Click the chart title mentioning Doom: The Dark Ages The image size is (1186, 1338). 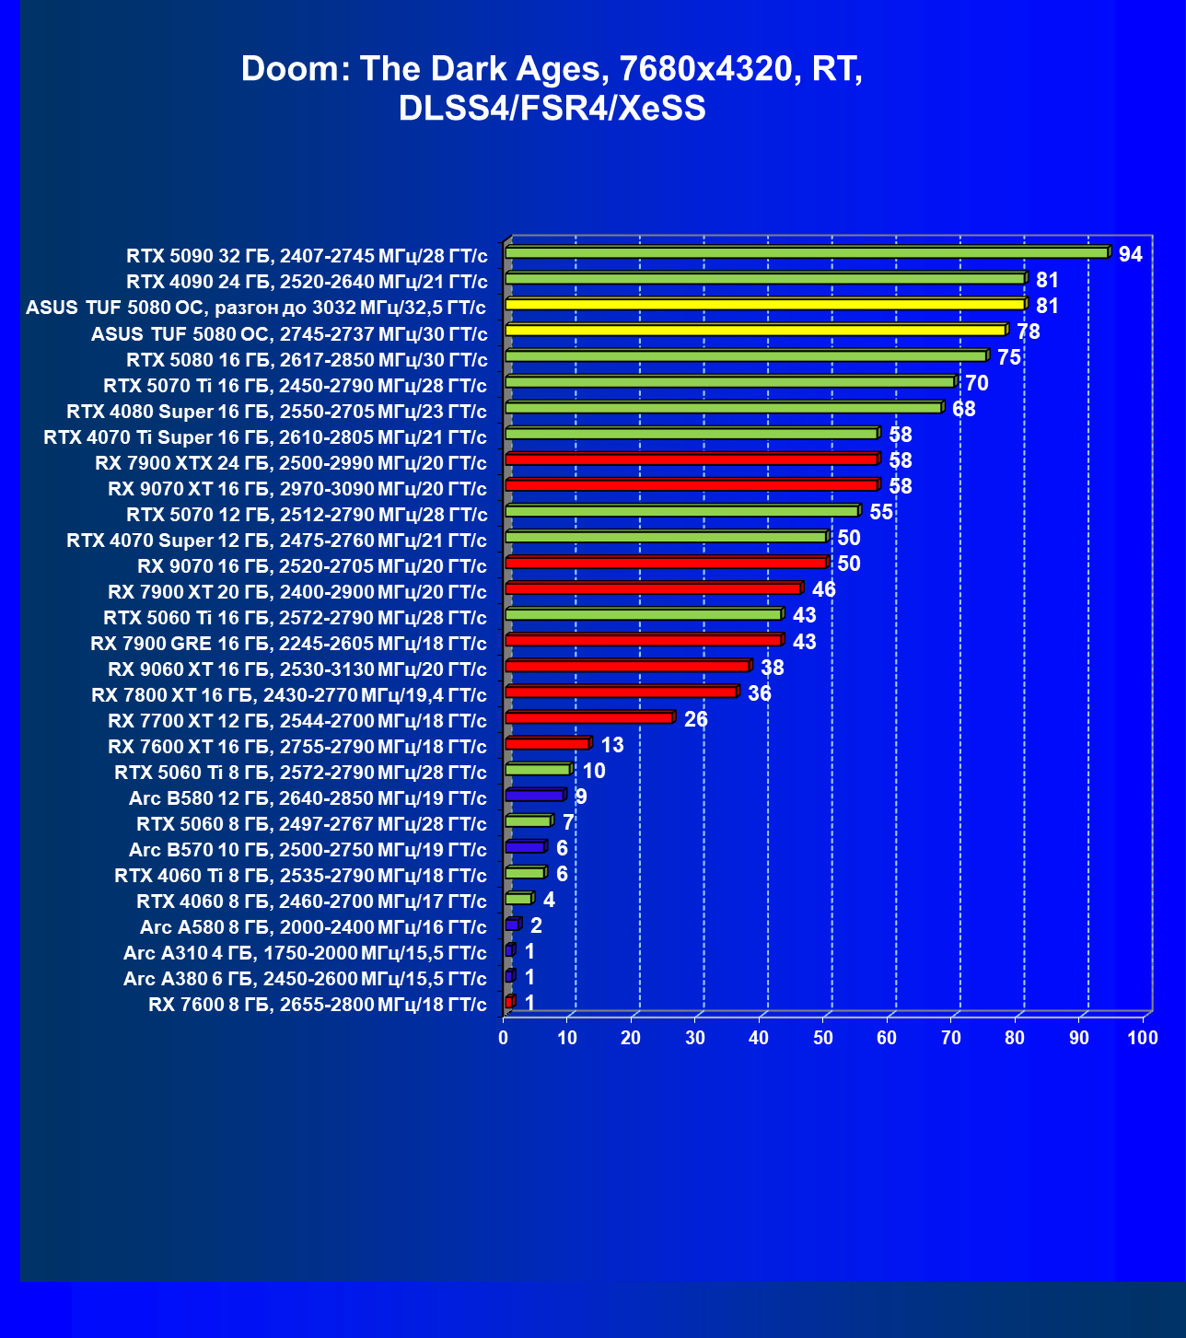click(552, 88)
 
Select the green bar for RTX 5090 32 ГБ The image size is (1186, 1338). click(807, 252)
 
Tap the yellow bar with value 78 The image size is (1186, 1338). click(755, 330)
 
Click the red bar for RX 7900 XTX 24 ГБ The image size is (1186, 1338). click(692, 459)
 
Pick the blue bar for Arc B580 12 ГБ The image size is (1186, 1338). click(534, 796)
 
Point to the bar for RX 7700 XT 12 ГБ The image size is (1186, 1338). click(589, 717)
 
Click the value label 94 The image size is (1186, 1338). click(1130, 254)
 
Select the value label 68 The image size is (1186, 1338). click(963, 409)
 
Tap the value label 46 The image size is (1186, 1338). click(823, 589)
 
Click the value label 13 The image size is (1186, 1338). click(611, 745)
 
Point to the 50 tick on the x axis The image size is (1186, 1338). click(823, 1038)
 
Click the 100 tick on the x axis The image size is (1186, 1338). click(1142, 1038)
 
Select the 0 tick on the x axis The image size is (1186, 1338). click(504, 1038)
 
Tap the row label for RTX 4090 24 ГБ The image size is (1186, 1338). click(307, 282)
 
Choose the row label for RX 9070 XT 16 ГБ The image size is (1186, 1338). click(296, 489)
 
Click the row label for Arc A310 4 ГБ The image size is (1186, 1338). click(305, 953)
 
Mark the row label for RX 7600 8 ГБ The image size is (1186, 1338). click(317, 1005)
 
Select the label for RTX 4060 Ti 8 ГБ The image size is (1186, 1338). click(300, 876)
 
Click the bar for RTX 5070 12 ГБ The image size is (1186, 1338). click(682, 510)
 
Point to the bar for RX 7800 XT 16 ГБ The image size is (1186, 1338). click(621, 692)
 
